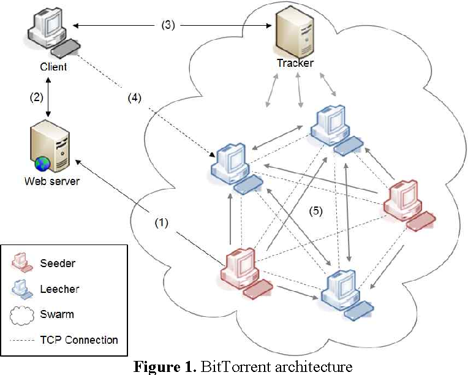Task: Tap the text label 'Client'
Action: tap(53, 66)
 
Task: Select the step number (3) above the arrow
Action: tap(168, 25)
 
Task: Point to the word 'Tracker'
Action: tap(295, 63)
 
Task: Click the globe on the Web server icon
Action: tap(42, 164)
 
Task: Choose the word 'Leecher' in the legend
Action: tap(60, 288)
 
